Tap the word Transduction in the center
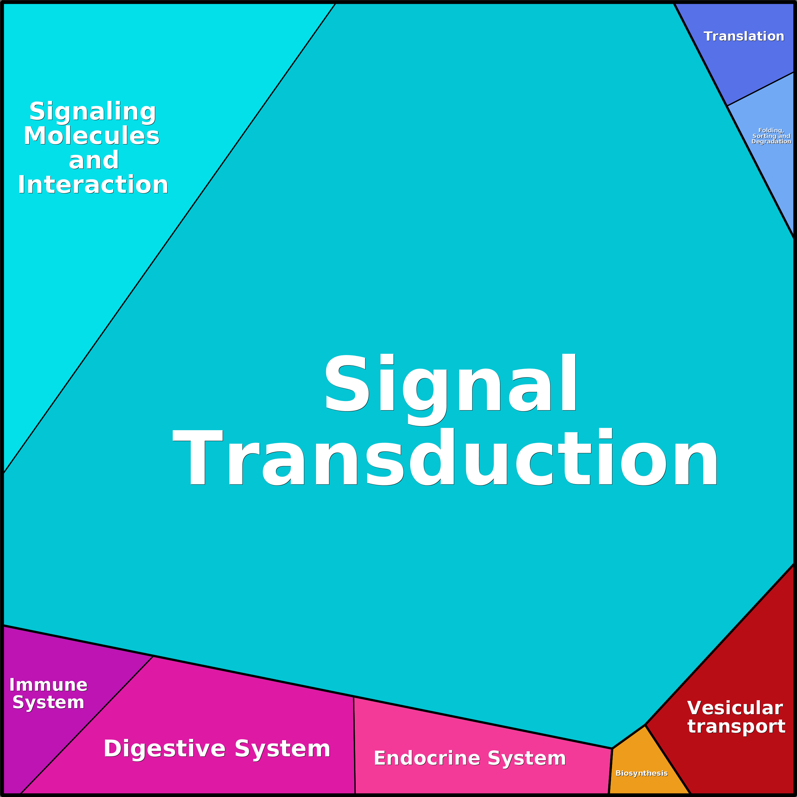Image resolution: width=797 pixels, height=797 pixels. click(445, 457)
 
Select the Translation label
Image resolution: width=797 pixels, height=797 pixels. click(744, 36)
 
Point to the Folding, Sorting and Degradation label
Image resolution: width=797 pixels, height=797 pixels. click(771, 136)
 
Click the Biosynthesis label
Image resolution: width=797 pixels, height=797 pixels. click(642, 773)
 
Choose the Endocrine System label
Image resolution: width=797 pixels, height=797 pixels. click(470, 758)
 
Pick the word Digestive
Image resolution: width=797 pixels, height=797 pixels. click(165, 749)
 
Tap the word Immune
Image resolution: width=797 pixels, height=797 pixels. click(48, 685)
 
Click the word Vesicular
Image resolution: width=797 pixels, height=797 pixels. click(735, 708)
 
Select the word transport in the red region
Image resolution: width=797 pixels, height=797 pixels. click(736, 726)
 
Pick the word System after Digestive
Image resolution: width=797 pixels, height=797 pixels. click(283, 749)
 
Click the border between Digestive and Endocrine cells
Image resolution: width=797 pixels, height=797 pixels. click(354, 745)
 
